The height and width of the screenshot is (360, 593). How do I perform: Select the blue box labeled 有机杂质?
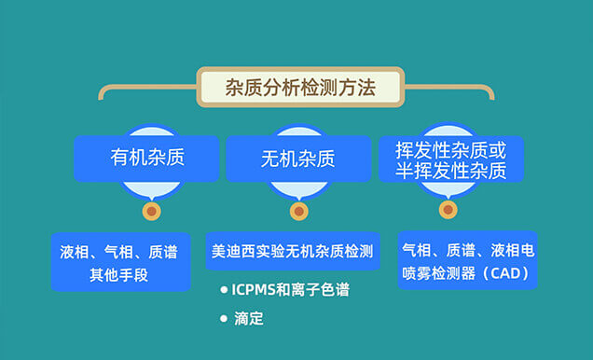(x=146, y=158)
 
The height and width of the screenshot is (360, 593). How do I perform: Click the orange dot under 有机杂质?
(x=150, y=212)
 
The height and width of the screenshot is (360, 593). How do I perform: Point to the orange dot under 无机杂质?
(x=298, y=212)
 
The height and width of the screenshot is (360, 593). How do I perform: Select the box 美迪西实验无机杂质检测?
(x=293, y=251)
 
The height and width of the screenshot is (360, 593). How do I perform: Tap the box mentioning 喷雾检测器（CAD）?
(x=466, y=261)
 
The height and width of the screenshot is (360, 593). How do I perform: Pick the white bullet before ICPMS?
(x=224, y=290)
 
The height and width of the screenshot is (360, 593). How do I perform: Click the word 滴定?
(x=251, y=319)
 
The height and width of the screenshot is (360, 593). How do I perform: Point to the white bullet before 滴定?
(x=224, y=319)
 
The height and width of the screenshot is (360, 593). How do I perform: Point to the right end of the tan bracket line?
(x=491, y=92)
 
